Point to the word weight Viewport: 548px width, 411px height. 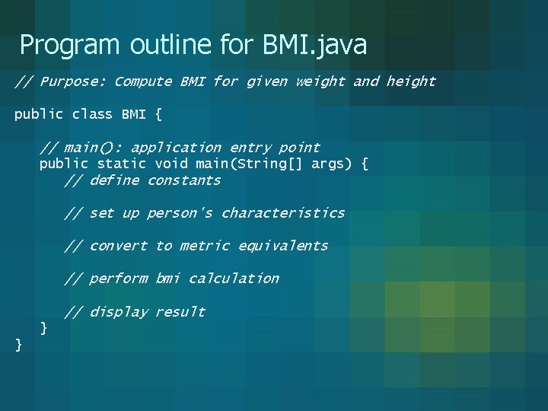[x=320, y=81]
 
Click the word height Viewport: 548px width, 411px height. [x=411, y=81]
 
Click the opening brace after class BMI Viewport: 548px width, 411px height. [x=158, y=114]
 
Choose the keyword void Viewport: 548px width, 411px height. [x=171, y=164]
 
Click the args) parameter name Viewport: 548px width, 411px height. [x=328, y=164]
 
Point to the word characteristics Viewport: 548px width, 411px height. [x=283, y=213]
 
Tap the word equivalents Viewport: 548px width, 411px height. [x=283, y=246]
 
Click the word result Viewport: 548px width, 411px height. [x=180, y=312]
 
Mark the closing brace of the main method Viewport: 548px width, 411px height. [x=44, y=328]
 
